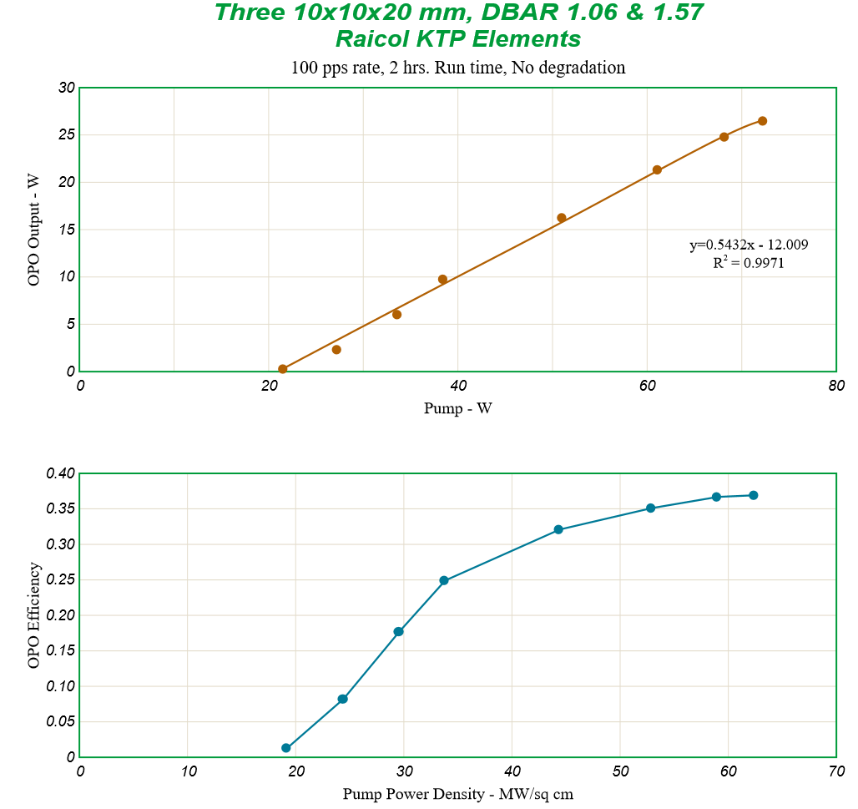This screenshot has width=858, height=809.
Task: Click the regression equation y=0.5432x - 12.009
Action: click(748, 245)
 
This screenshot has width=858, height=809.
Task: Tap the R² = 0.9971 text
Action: click(748, 263)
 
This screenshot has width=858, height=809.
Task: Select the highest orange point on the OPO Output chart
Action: click(762, 121)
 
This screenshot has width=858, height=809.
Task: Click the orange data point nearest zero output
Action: click(283, 369)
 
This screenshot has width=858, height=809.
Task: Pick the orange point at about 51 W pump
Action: click(562, 218)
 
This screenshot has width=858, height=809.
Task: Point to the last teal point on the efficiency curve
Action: click(753, 495)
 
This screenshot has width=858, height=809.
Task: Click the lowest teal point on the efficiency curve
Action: click(286, 748)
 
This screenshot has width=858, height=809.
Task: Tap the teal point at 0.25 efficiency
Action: click(444, 580)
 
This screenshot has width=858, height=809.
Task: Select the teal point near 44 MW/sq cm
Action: click(558, 529)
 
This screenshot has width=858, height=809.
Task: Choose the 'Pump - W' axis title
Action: click(457, 409)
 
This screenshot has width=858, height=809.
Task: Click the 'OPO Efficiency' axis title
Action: click(34, 615)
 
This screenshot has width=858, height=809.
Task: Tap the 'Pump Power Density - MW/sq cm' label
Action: click(457, 794)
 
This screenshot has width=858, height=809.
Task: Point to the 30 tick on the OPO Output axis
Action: click(67, 88)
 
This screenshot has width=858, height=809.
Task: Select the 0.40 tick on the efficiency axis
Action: click(61, 473)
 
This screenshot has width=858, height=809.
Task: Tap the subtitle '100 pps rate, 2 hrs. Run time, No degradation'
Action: click(457, 68)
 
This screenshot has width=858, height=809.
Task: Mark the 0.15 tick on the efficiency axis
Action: click(61, 651)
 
